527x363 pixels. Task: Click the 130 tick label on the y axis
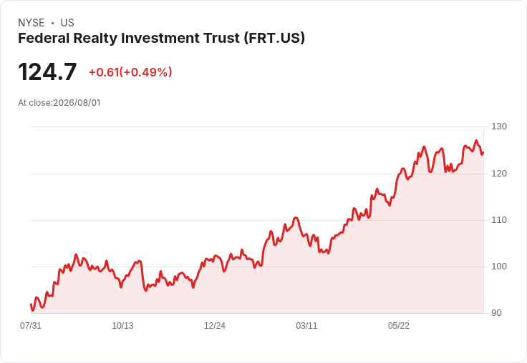pyautogui.click(x=499, y=126)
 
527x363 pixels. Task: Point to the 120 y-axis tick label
pyautogui.click(x=499, y=174)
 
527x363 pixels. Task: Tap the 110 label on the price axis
pyautogui.click(x=499, y=220)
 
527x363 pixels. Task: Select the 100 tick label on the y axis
pyautogui.click(x=499, y=267)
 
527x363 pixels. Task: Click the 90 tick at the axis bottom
pyautogui.click(x=496, y=313)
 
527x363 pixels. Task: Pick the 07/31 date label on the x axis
pyautogui.click(x=31, y=326)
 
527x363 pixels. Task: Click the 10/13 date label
pyautogui.click(x=122, y=326)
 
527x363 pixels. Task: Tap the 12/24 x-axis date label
pyautogui.click(x=215, y=326)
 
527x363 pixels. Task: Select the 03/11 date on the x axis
pyautogui.click(x=306, y=326)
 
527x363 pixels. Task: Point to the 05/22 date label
pyautogui.click(x=399, y=326)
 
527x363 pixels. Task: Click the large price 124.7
pyautogui.click(x=47, y=72)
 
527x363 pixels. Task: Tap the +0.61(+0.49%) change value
pyautogui.click(x=130, y=72)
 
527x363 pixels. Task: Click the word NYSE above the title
pyautogui.click(x=32, y=23)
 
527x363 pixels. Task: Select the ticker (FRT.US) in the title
pyautogui.click(x=274, y=38)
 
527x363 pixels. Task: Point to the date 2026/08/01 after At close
pyautogui.click(x=77, y=103)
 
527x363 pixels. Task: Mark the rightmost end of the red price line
pyautogui.click(x=483, y=153)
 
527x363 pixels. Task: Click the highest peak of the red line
pyautogui.click(x=476, y=141)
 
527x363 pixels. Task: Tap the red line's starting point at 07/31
pyautogui.click(x=31, y=304)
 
